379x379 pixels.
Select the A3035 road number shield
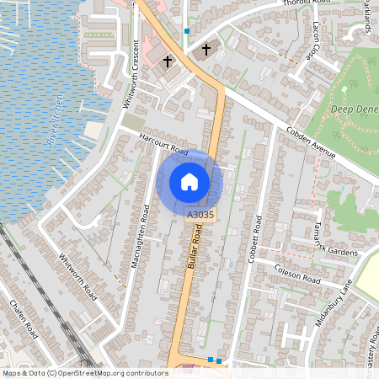[x=200, y=216]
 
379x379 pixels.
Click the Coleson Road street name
[x=297, y=273]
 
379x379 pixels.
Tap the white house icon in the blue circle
[x=189, y=181]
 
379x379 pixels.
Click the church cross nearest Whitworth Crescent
[x=168, y=61]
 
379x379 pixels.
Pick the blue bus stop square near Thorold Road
[x=186, y=31]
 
